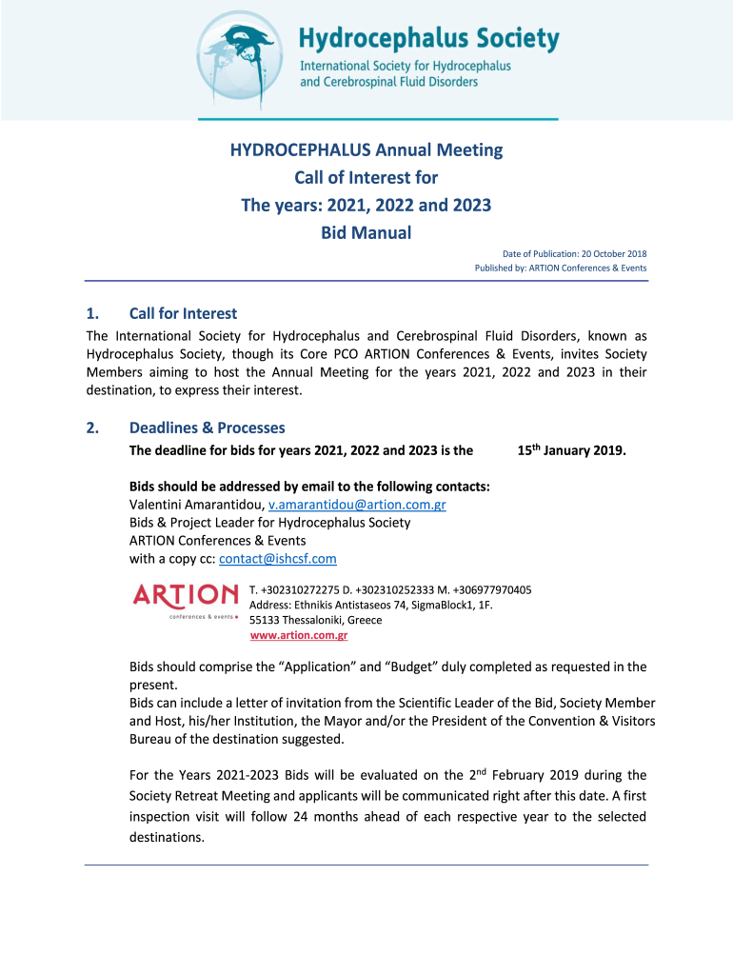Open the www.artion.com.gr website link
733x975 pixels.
click(298, 635)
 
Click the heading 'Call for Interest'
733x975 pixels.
click(183, 313)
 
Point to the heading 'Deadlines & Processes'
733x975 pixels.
click(207, 428)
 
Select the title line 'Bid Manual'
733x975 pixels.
click(366, 232)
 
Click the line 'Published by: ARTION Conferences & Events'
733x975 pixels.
click(561, 268)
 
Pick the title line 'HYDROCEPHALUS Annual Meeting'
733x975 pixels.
click(366, 150)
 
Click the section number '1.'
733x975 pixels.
click(92, 313)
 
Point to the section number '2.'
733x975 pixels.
click(92, 428)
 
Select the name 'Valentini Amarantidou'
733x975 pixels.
click(196, 505)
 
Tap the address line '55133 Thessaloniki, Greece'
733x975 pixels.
click(315, 620)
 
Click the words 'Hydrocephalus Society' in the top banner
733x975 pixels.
click(428, 39)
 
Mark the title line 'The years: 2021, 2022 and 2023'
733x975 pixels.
click(366, 205)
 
